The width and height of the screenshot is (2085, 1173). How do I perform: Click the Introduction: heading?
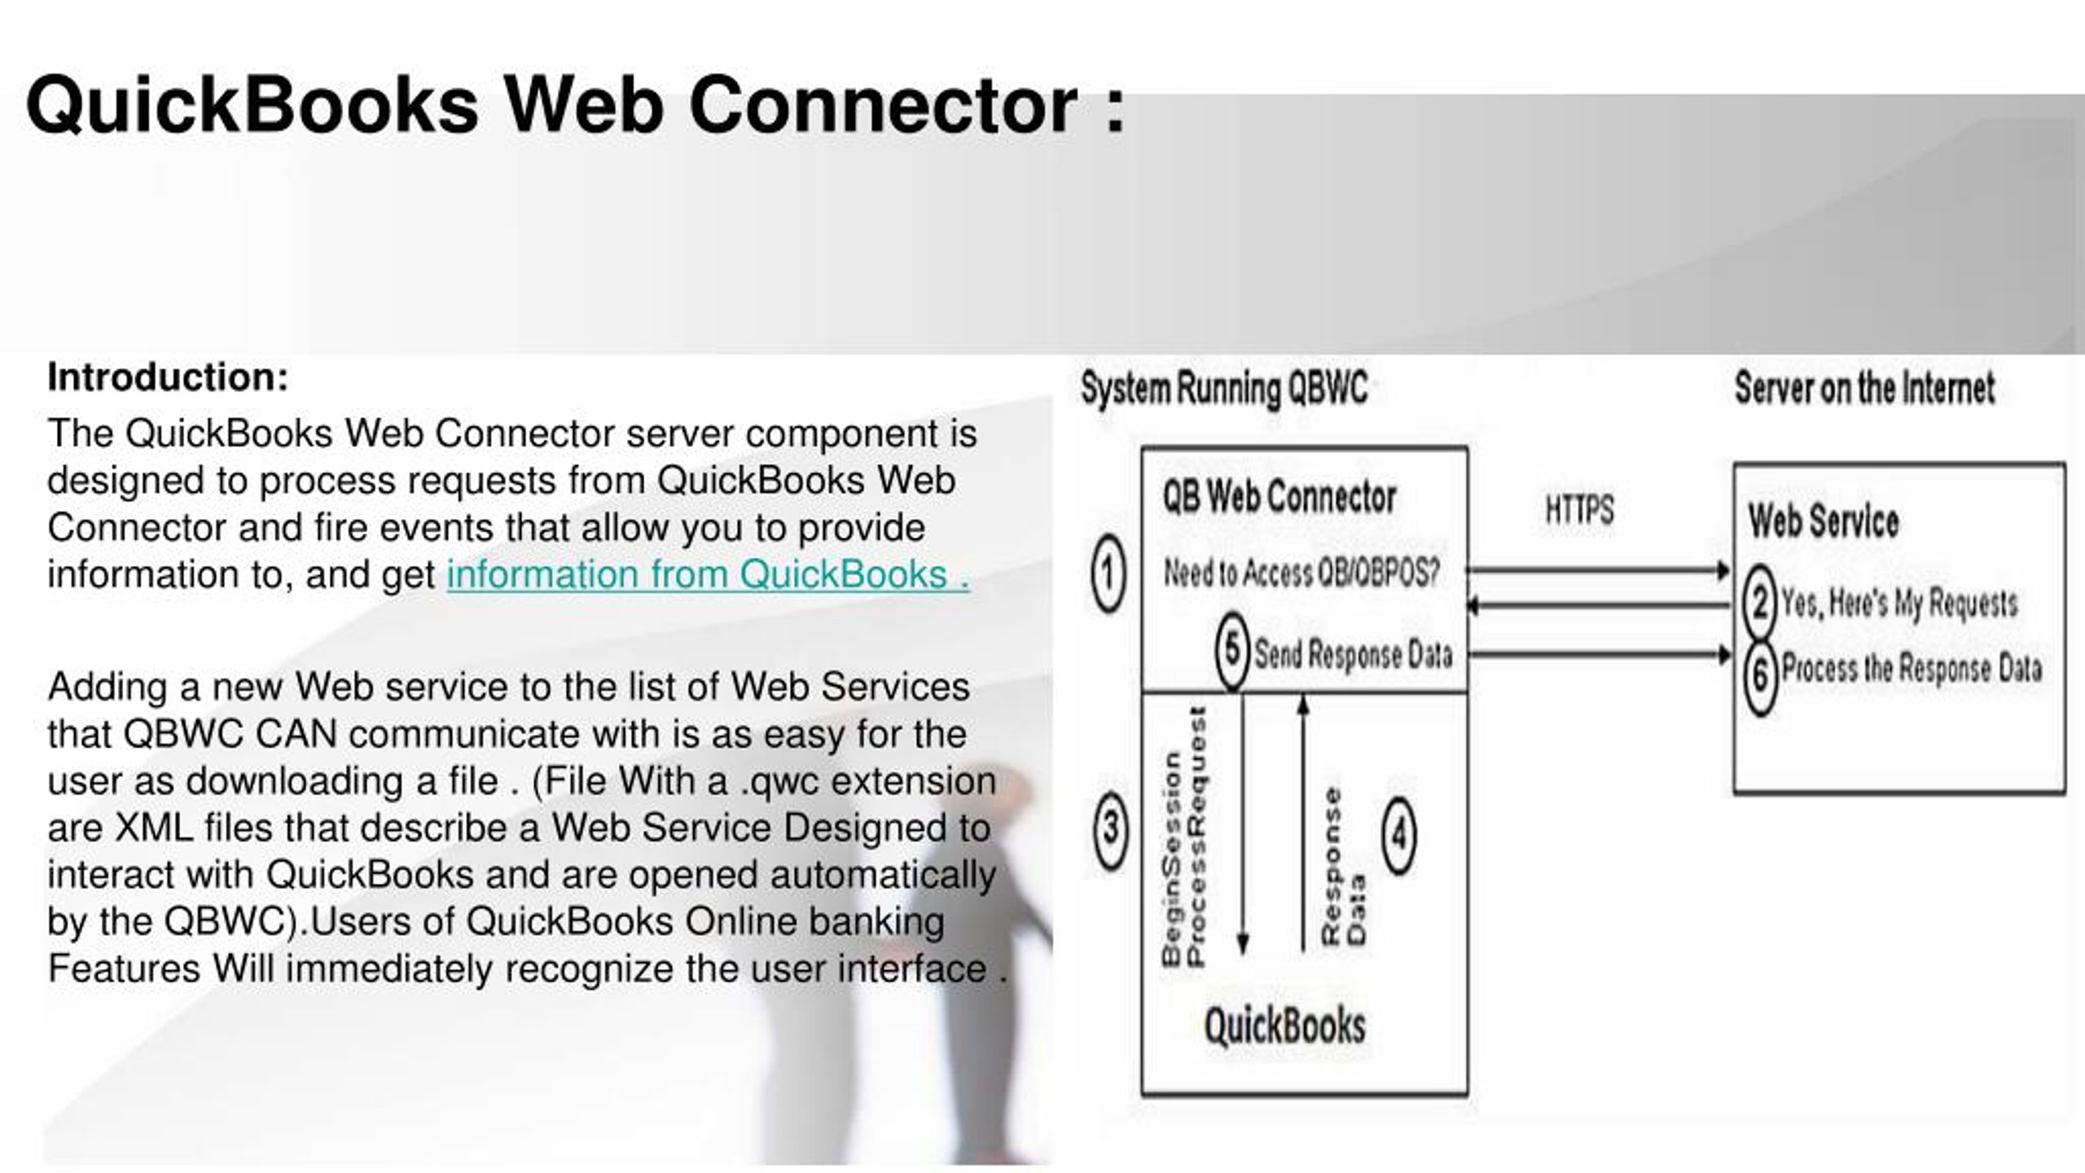[168, 377]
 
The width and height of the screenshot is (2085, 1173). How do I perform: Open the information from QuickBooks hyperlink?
[708, 574]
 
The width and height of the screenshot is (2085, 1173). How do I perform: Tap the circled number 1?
[1108, 573]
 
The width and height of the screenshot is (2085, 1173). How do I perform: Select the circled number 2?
[1759, 604]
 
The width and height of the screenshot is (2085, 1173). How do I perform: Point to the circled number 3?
[1111, 829]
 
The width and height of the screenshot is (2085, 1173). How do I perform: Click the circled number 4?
[1399, 834]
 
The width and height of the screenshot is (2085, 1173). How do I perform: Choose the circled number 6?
[1760, 675]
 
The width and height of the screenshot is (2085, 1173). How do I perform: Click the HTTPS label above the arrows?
[1579, 511]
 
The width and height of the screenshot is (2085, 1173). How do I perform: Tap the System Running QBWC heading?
[1224, 389]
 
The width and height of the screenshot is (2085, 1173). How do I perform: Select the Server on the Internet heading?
[1864, 388]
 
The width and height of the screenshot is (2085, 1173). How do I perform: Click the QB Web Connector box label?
[1279, 497]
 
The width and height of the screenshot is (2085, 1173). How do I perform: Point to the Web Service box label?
[1824, 521]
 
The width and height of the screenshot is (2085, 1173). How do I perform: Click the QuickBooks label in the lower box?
[1284, 1026]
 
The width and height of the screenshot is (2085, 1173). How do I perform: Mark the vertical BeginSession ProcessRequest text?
[1183, 837]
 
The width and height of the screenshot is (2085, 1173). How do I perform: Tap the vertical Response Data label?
[1343, 866]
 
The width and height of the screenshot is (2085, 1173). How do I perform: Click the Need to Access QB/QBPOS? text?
[1301, 573]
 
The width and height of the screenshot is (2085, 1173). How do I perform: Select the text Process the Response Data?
[1912, 669]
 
